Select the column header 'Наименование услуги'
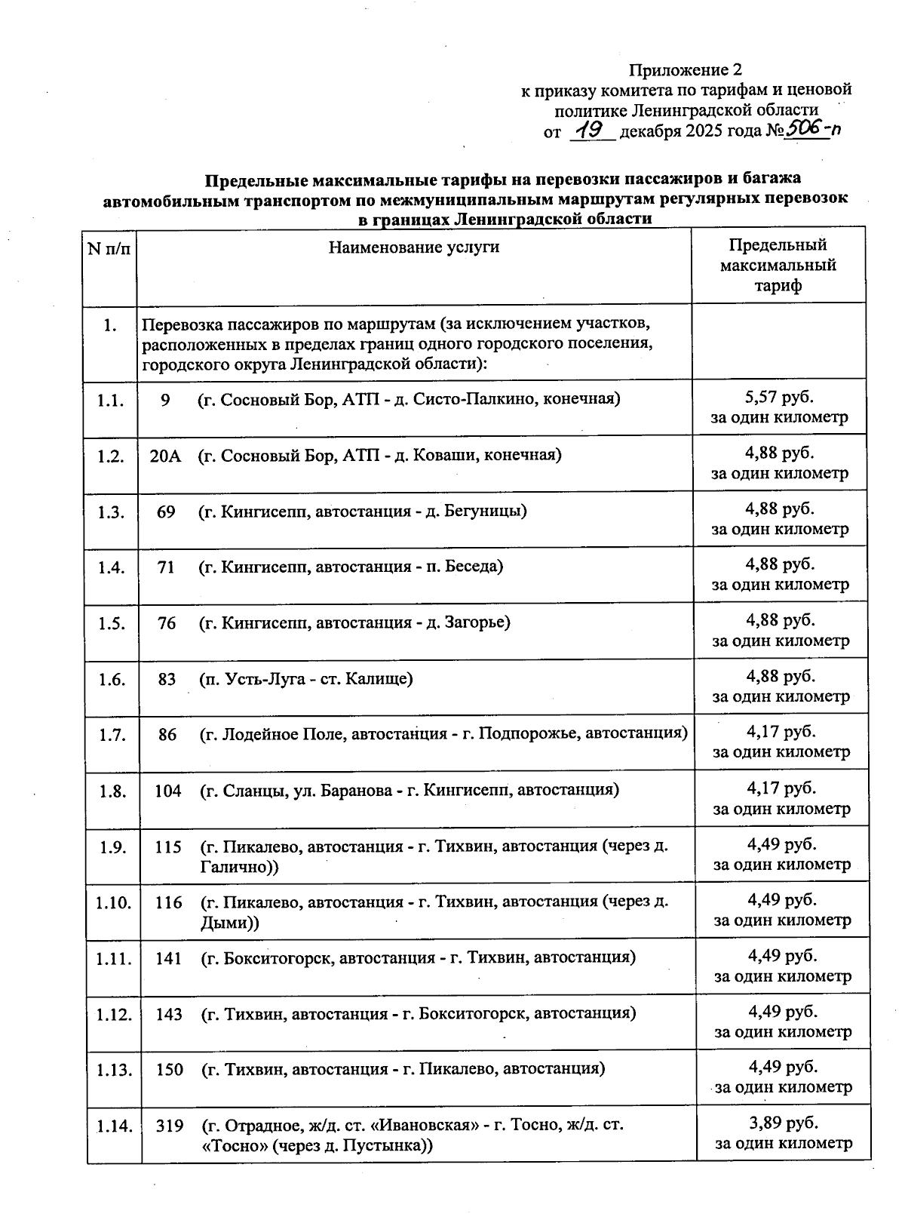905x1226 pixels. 414,247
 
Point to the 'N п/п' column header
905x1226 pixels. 109,248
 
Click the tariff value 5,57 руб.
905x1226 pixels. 780,397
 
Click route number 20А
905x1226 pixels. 165,456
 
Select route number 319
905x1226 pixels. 170,1126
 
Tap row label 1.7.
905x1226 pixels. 112,734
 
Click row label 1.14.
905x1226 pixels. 115,1126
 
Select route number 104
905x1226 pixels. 168,790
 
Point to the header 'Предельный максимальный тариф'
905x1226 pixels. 778,265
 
